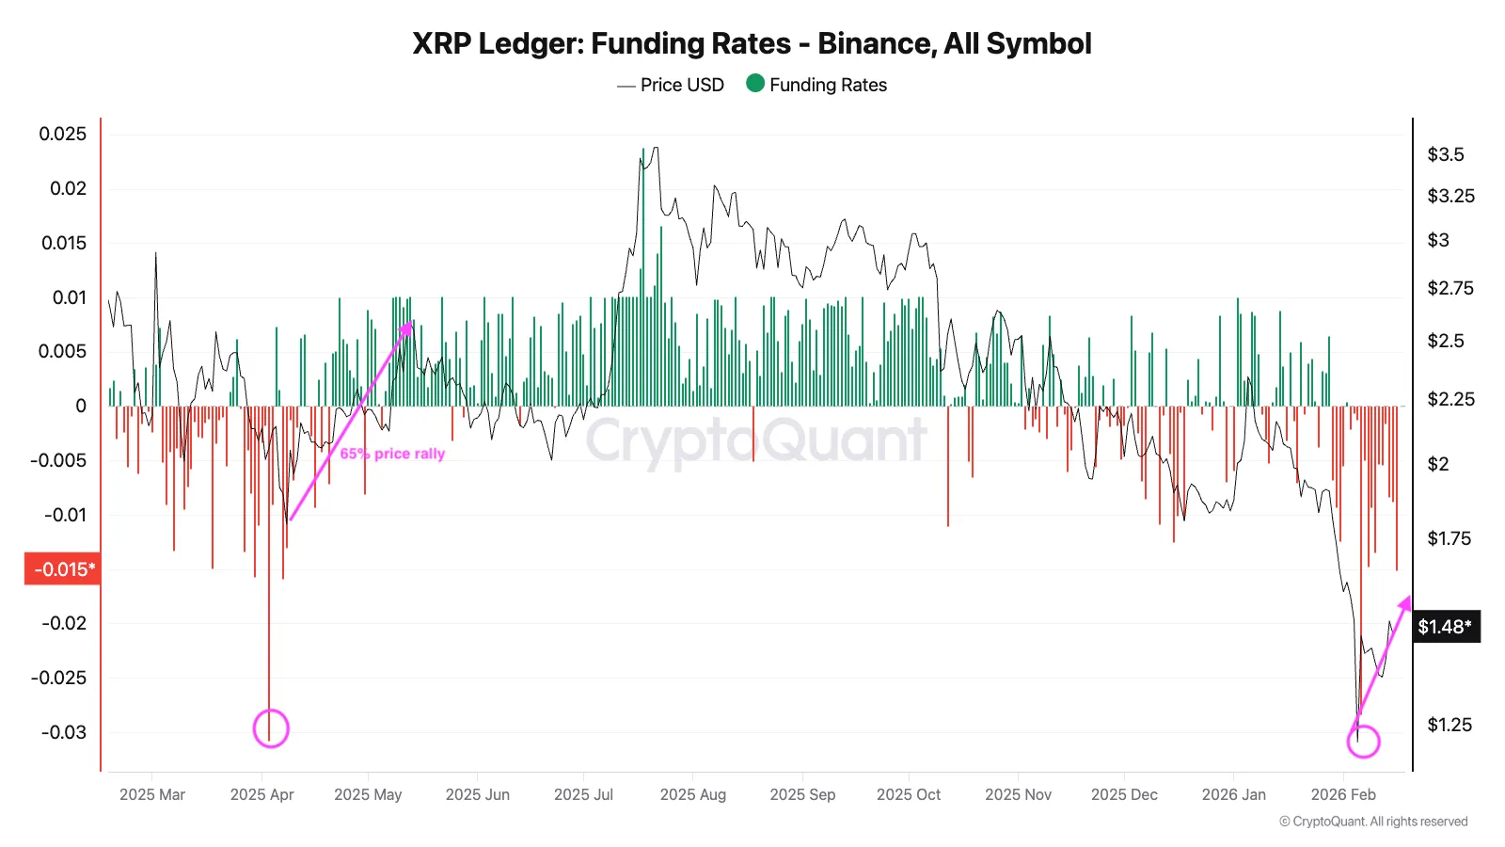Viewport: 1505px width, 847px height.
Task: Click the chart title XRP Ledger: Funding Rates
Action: [x=752, y=43]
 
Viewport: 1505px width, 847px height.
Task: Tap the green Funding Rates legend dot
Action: [x=755, y=84]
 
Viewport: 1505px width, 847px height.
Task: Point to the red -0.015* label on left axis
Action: [x=63, y=569]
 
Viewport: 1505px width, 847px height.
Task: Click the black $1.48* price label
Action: [x=1446, y=627]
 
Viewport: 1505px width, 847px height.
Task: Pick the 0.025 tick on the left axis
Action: [x=62, y=134]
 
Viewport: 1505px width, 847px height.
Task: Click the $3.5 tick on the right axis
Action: [x=1446, y=154]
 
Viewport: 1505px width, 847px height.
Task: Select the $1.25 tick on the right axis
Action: [x=1450, y=725]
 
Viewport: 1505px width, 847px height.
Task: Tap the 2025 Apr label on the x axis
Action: [x=261, y=794]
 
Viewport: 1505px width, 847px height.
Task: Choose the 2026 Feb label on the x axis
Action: [x=1343, y=794]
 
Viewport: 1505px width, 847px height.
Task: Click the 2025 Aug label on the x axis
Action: [x=693, y=794]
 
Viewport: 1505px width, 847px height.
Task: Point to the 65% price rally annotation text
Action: [x=392, y=454]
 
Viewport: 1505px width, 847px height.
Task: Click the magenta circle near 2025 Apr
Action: [x=271, y=728]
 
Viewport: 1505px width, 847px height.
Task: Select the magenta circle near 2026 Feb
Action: [x=1363, y=741]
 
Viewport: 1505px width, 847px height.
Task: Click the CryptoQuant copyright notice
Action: [x=1373, y=822]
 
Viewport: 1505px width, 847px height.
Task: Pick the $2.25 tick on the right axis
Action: [x=1450, y=399]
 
